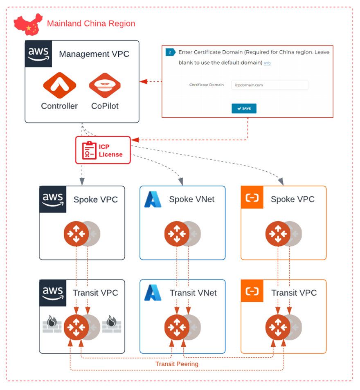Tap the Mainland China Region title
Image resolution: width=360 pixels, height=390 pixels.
point(91,23)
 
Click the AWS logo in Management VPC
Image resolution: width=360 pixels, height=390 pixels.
point(38,54)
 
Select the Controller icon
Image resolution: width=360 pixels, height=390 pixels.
point(59,85)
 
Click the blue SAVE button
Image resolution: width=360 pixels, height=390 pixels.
point(244,108)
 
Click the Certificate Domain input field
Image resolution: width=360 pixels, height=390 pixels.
point(269,85)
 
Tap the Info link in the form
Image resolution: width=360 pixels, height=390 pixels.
point(267,63)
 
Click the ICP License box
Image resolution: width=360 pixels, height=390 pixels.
point(103,150)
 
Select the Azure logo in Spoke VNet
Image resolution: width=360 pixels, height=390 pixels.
point(153,199)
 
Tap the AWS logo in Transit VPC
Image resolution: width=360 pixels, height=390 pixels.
point(53,293)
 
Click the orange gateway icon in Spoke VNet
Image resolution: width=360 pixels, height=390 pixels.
point(177,234)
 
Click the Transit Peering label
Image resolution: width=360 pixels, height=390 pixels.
point(177,363)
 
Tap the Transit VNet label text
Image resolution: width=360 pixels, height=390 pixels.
point(193,293)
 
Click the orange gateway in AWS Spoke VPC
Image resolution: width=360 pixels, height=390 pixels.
point(76,234)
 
